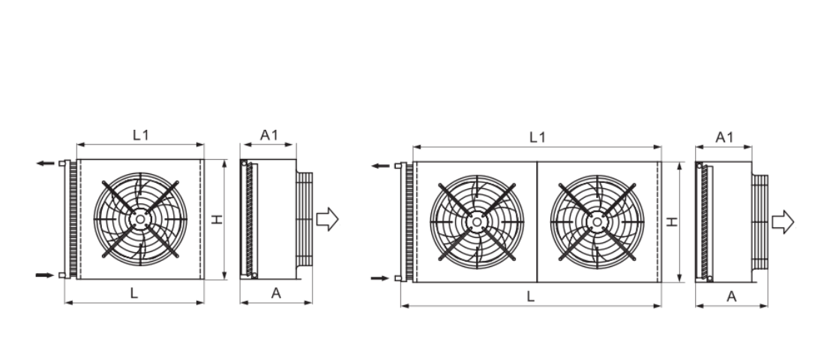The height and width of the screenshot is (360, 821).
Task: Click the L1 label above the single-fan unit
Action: [x=141, y=135]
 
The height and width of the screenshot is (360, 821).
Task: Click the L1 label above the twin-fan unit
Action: [x=537, y=137]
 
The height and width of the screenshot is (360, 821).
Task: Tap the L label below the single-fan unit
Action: [x=134, y=293]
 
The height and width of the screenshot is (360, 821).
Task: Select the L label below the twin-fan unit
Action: [x=530, y=296]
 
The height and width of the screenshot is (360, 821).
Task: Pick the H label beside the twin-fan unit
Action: [x=673, y=222]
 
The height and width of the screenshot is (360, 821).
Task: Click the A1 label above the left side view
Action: [x=269, y=135]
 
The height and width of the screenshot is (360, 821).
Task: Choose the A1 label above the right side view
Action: [x=724, y=137]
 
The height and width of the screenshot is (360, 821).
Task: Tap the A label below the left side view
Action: [x=276, y=293]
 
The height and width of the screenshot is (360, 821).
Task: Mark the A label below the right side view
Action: [x=732, y=296]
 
